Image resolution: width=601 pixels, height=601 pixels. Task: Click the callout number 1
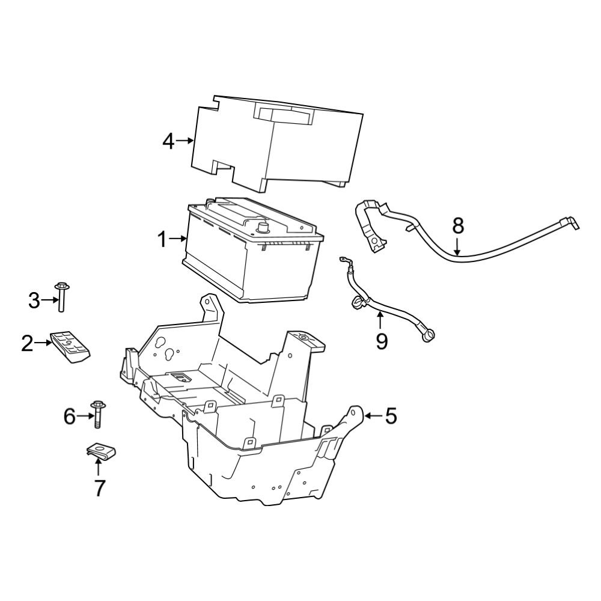(x=162, y=240)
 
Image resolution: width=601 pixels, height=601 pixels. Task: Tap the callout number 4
(x=168, y=141)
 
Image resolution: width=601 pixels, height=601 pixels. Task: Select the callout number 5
(x=391, y=415)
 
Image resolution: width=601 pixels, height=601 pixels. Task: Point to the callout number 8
(x=458, y=225)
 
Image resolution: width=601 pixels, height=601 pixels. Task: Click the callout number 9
(x=382, y=341)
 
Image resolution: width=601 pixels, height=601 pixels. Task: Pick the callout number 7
(x=99, y=488)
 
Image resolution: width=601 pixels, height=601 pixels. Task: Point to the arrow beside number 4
(x=185, y=141)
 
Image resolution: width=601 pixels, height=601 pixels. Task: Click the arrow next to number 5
(x=372, y=415)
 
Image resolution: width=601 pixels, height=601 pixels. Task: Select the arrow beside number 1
(x=178, y=239)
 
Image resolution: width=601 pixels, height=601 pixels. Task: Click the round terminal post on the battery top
(x=263, y=227)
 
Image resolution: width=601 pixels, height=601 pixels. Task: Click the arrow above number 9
(x=380, y=320)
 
